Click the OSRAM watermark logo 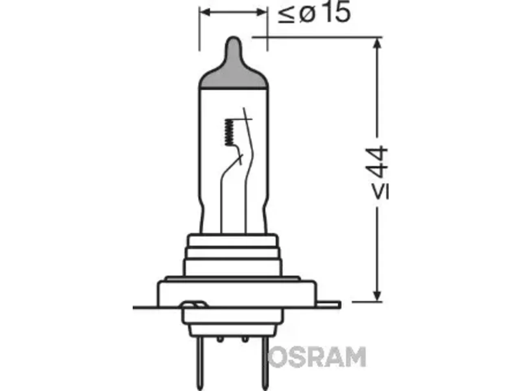(x=317, y=357)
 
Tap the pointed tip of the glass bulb (x=234, y=37)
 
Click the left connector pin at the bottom (x=201, y=363)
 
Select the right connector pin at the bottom (x=265, y=363)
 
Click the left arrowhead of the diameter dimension (x=205, y=12)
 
